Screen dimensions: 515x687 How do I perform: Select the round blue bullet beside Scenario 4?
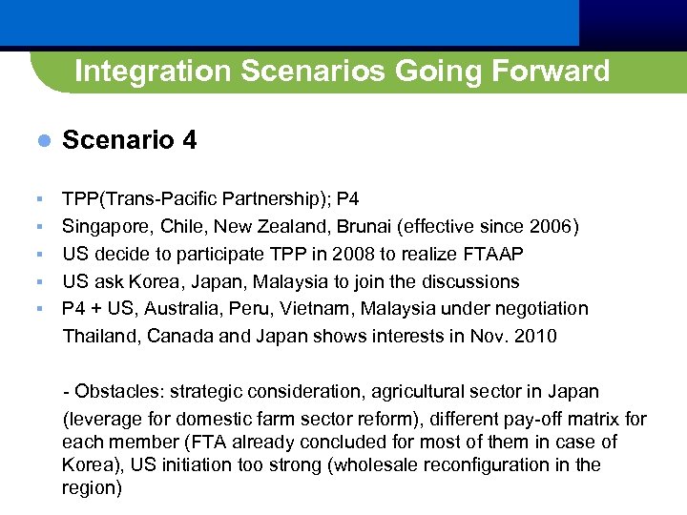pyautogui.click(x=42, y=141)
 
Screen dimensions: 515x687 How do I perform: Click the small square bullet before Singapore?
pyautogui.click(x=39, y=227)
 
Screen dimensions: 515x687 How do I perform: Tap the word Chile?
pyautogui.click(x=178, y=227)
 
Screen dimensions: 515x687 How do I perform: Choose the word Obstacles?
pyautogui.click(x=115, y=392)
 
